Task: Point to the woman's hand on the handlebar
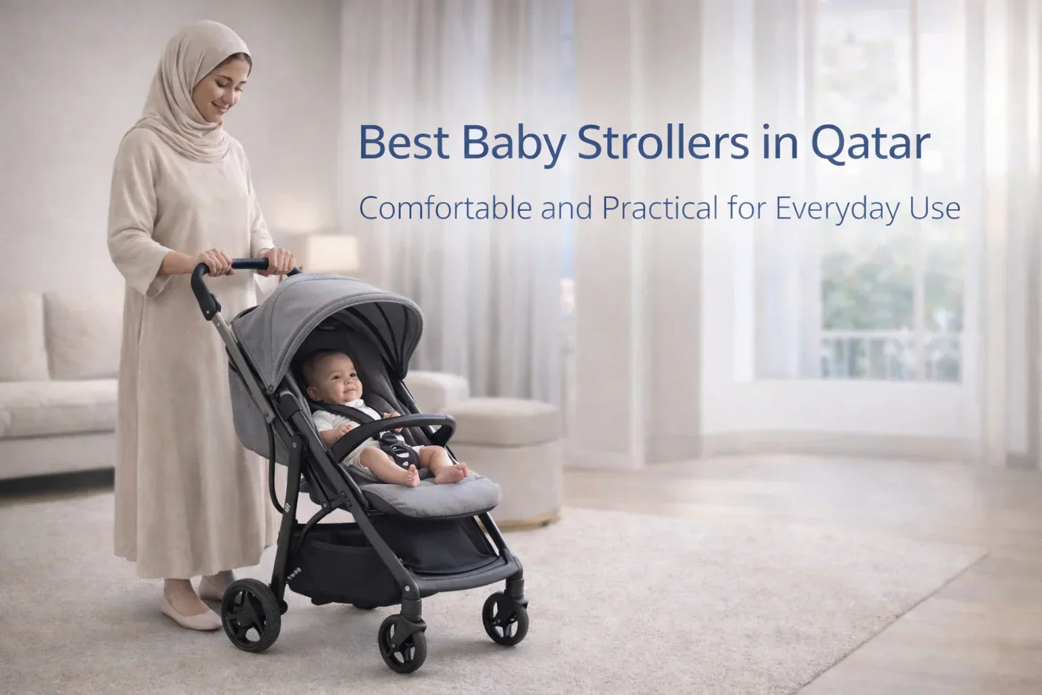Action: [x=216, y=261]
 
